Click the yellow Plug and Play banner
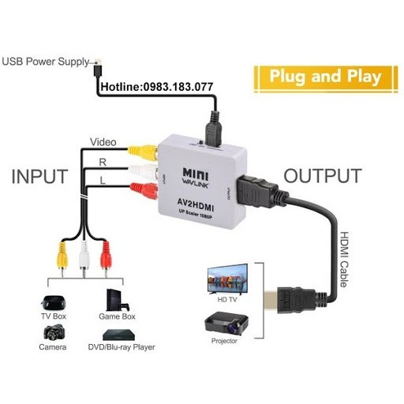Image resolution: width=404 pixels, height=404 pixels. (324, 77)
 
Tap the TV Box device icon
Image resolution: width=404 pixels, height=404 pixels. (53, 303)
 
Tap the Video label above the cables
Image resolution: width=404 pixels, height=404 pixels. (103, 143)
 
